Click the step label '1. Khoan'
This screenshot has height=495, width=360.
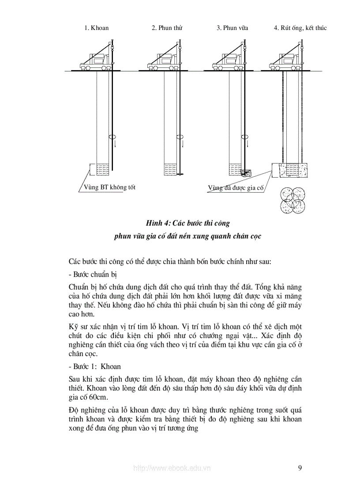tap(96, 28)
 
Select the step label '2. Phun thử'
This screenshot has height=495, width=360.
tap(167, 28)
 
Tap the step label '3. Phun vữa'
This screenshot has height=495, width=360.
tap(232, 28)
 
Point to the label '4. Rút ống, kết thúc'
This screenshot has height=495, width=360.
tap(300, 28)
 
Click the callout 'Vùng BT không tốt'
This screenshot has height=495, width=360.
tap(109, 187)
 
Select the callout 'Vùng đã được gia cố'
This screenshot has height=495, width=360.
tap(236, 188)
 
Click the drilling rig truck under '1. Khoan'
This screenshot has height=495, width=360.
tap(97, 61)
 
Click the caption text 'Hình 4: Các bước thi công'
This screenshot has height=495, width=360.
tap(188, 223)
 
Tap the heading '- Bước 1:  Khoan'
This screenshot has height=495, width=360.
tap(95, 366)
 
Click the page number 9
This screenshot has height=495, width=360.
tap(300, 468)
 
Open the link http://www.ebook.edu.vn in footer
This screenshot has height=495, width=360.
tap(172, 468)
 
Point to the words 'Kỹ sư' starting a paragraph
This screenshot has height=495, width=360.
tap(77, 327)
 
